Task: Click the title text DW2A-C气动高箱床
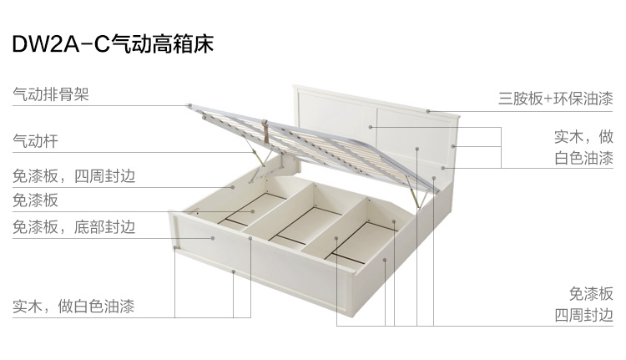click(x=113, y=43)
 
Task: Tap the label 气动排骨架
click(x=50, y=95)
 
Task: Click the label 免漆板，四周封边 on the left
click(x=73, y=176)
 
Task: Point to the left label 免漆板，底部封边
click(x=73, y=226)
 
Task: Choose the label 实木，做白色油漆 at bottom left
click(x=73, y=307)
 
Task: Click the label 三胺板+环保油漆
click(x=556, y=99)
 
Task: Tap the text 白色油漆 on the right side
click(x=583, y=158)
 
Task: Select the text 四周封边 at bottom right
click(x=583, y=315)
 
